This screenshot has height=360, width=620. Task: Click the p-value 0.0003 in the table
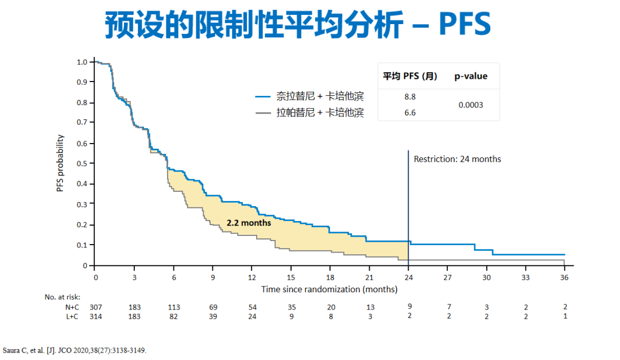coord(471,105)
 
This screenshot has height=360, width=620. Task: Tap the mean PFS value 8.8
coord(409,97)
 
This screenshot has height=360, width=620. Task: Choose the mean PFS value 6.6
coord(409,113)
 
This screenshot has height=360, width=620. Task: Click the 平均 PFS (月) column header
coord(410,76)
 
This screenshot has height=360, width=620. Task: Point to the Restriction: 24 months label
coord(457,159)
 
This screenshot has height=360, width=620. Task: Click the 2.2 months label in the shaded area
coord(249,222)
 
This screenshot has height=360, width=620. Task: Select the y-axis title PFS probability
coord(60,163)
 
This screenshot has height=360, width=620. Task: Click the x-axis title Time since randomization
coord(329,289)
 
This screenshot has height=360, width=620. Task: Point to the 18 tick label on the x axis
coord(331,277)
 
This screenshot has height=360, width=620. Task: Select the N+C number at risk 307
coord(95,307)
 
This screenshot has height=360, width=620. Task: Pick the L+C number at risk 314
coord(95,316)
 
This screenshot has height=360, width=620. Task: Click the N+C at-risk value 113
coord(174,307)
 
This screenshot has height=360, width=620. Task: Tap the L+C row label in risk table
coord(72,316)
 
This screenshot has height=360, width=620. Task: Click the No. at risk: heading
coord(63,297)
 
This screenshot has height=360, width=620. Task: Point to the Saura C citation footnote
coord(75,350)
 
